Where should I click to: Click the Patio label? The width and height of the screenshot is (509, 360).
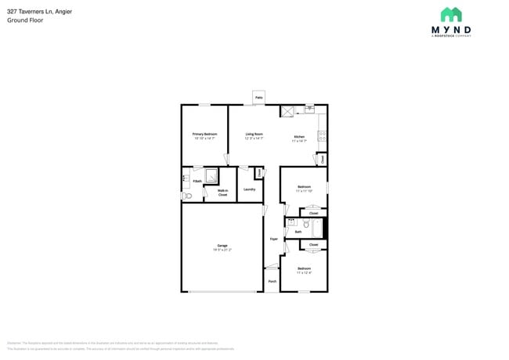coord(258,98)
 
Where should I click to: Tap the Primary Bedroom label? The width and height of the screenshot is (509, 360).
coord(204,134)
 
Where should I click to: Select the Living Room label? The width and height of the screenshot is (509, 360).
coord(254,134)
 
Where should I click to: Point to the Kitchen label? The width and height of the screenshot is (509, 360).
coord(298,137)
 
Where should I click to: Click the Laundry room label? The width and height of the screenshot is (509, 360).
coord(249,189)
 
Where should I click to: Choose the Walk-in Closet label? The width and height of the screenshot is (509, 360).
coord(222,193)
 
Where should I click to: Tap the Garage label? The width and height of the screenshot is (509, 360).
coord(222,246)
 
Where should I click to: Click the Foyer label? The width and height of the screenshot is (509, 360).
coord(273,239)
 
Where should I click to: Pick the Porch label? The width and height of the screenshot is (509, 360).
coord(272,281)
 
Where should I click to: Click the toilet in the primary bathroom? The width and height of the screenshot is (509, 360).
coord(186,196)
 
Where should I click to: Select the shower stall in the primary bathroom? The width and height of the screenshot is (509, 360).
coord(211,175)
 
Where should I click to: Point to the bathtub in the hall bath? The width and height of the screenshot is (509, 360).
coord(316,229)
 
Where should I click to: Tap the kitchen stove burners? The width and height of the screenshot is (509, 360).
coord(322,136)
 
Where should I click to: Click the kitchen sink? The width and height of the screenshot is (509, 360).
coord(309,109)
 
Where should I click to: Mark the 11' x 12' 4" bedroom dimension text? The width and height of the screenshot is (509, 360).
coord(304,273)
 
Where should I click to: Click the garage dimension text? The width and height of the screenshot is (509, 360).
coord(222,250)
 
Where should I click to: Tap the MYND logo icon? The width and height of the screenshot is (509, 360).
coord(450,15)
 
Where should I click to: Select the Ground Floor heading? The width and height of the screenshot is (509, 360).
coord(25,20)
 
